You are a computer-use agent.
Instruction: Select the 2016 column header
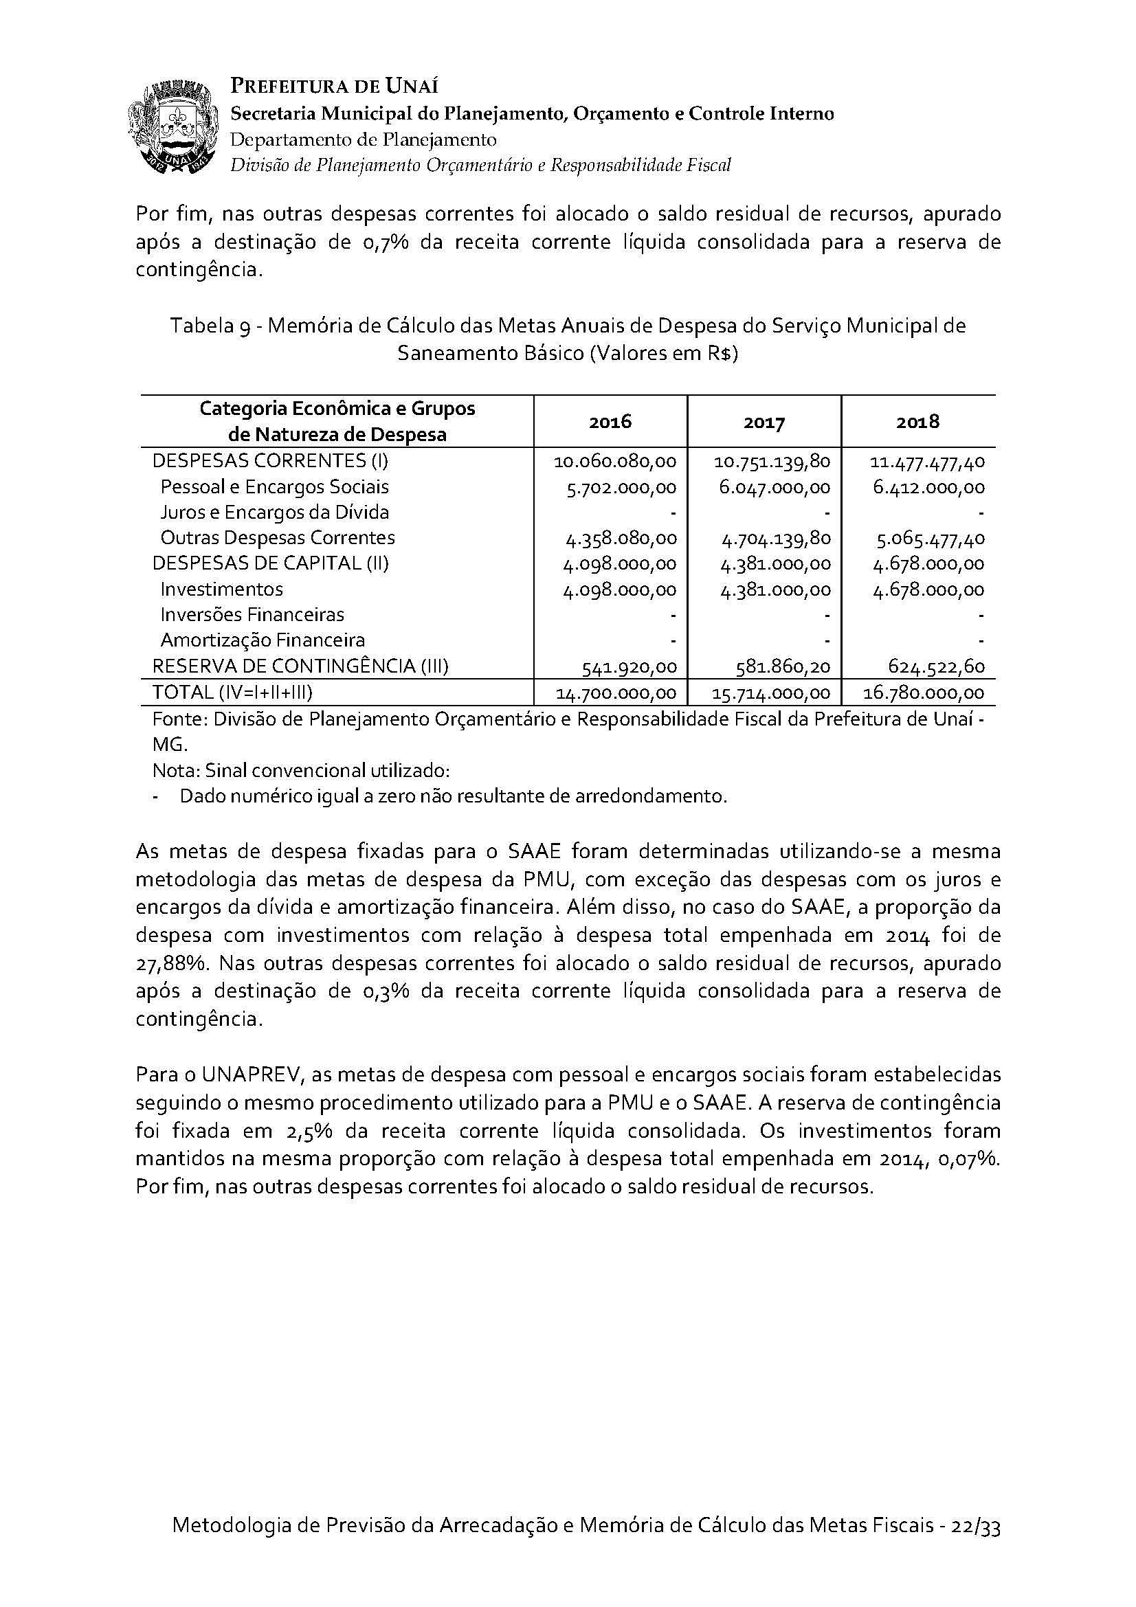point(610,421)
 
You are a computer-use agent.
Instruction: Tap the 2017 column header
point(764,422)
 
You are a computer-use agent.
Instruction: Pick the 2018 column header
point(917,421)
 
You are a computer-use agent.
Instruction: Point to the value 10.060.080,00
point(614,462)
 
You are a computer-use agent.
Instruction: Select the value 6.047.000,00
point(775,487)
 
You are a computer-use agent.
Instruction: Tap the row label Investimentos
point(221,589)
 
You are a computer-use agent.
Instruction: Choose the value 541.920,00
point(630,667)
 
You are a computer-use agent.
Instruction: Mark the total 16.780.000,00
point(927,693)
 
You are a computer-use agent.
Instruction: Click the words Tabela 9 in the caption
point(210,327)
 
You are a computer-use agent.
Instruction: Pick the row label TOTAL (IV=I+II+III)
point(232,693)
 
